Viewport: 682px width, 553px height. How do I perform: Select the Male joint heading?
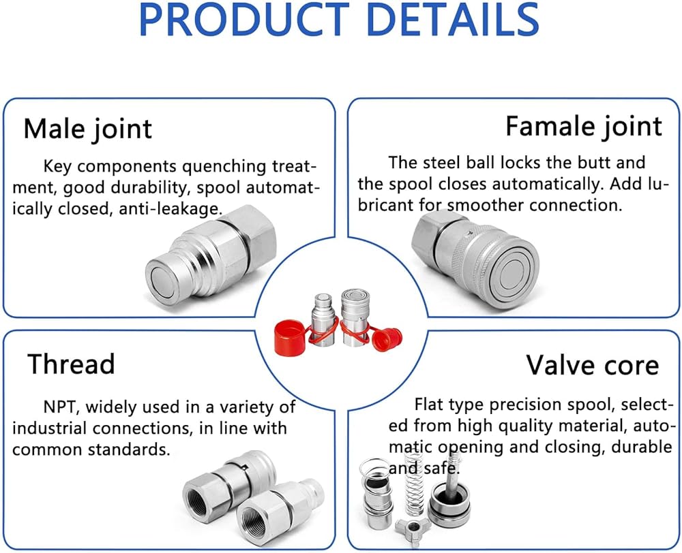[88, 129]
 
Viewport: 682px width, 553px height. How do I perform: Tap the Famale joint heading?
[584, 126]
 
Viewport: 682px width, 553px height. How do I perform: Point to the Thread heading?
[71, 364]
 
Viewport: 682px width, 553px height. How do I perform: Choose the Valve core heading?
[592, 366]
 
